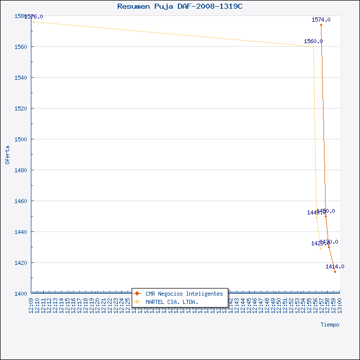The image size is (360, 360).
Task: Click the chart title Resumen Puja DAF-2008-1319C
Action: (180, 6)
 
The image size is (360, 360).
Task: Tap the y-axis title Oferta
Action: (7, 155)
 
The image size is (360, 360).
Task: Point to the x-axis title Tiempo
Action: (330, 325)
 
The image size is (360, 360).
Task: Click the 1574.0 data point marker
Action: (321, 25)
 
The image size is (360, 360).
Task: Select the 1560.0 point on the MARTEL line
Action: (313, 46)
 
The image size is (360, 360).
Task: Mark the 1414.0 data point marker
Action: (335, 272)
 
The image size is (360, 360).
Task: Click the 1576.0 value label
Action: (33, 16)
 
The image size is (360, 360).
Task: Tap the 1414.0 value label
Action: (335, 266)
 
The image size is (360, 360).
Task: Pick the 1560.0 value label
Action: (313, 41)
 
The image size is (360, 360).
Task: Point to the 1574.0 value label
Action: (321, 20)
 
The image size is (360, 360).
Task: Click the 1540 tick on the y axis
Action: (21, 78)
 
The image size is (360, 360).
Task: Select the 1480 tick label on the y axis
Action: (21, 170)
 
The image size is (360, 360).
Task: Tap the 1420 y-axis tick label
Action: (21, 263)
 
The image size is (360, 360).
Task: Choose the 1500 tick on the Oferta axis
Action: (21, 139)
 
